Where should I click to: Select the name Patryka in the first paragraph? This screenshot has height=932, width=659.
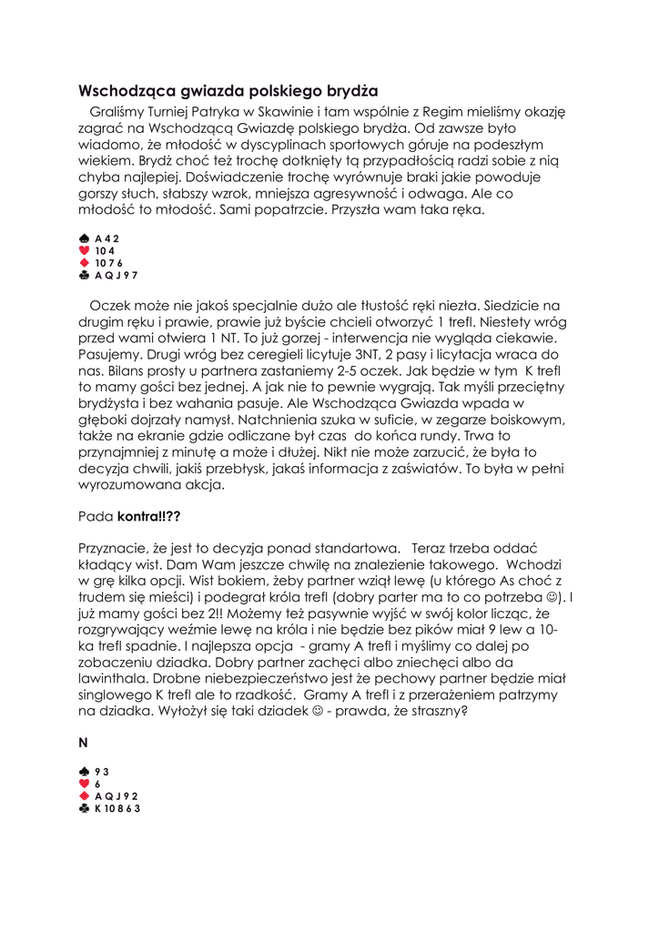(x=207, y=112)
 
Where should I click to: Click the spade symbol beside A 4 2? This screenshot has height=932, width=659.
(x=85, y=238)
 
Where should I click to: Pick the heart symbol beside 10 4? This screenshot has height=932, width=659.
(x=85, y=250)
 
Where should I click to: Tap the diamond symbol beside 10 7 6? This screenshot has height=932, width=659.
(x=85, y=263)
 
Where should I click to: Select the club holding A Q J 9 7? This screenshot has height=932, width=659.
(x=117, y=275)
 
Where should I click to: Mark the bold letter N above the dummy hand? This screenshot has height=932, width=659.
(x=83, y=743)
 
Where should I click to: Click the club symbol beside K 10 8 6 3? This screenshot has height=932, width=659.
(x=85, y=808)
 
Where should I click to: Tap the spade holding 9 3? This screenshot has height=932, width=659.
(x=102, y=771)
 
